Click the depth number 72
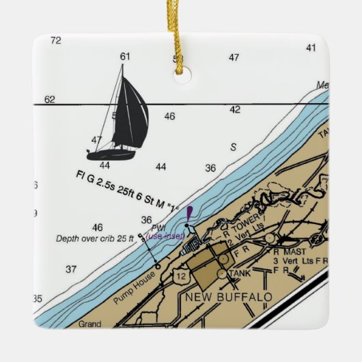pos(56,40)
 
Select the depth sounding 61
pos(124,56)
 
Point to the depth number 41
pos(311,48)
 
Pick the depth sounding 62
pos(49,100)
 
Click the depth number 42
pos(234,109)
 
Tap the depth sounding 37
pos(71,269)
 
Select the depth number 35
pos(38,298)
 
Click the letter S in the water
pos(233,147)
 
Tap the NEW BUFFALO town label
pos(229,298)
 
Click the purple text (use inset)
pos(165,236)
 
